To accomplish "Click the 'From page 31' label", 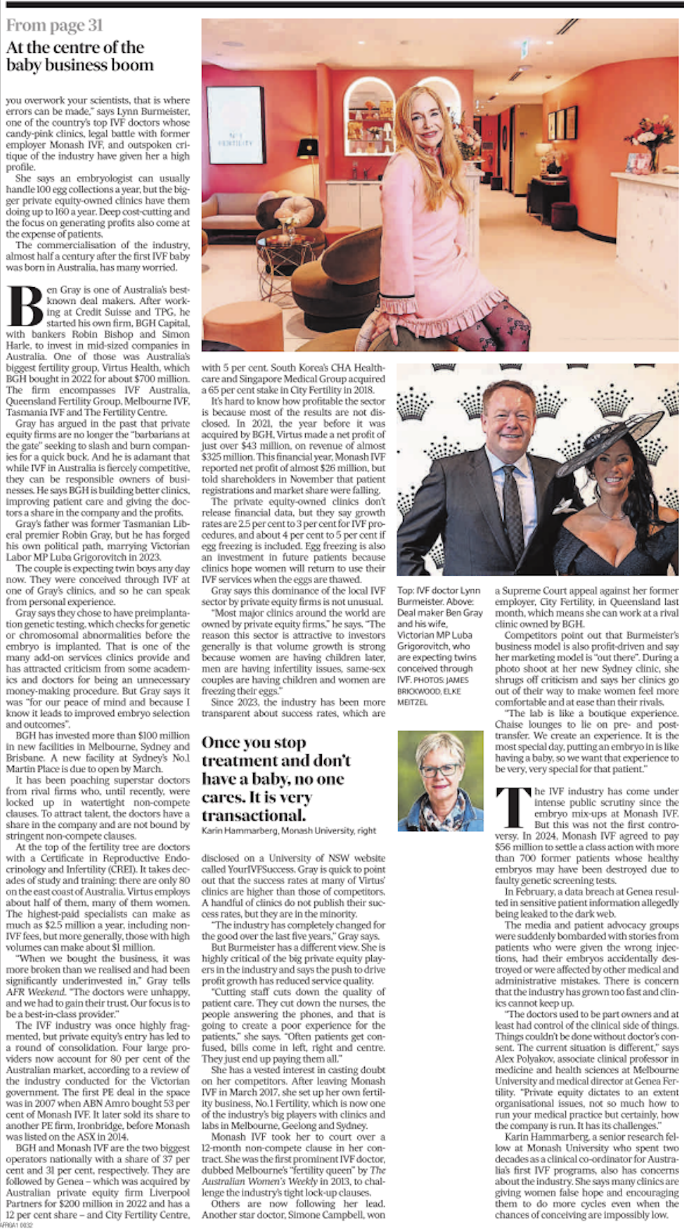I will point(54,26).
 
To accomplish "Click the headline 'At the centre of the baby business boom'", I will point(79,56).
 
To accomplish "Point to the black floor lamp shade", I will point(307,147).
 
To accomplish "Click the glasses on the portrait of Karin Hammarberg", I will point(439,770).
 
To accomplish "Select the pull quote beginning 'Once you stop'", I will point(276,778).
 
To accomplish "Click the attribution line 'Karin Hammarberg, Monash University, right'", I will point(288,830).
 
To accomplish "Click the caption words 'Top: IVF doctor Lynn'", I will point(439,590).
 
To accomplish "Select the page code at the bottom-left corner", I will point(16,1225).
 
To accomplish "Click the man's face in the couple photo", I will point(509,416).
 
